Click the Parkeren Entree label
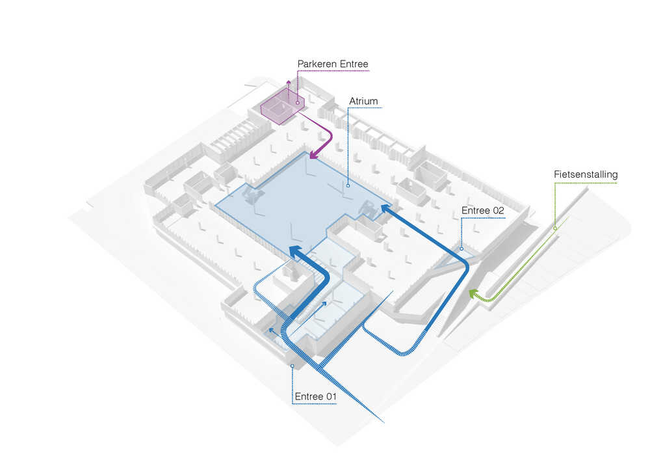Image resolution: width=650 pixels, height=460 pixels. click(x=333, y=64)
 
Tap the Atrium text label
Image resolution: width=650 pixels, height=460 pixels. click(x=363, y=101)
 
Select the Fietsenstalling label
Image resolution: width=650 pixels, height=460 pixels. click(x=586, y=174)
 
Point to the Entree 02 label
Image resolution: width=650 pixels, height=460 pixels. click(x=482, y=210)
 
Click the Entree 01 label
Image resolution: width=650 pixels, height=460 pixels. click(x=315, y=396)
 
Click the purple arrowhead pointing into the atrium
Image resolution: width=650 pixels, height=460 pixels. click(x=314, y=154)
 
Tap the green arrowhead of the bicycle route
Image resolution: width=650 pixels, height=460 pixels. click(x=473, y=293)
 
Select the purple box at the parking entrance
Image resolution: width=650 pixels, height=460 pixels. click(x=282, y=109)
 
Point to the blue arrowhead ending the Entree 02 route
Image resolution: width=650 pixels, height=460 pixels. click(x=387, y=208)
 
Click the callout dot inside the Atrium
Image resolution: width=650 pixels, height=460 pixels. click(x=348, y=185)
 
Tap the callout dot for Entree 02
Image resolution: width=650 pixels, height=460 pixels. click(x=461, y=249)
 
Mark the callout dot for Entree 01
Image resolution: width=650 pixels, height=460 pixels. click(x=292, y=366)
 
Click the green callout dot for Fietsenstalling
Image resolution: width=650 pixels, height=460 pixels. click(x=554, y=228)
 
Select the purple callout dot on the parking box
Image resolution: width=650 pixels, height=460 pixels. click(x=297, y=102)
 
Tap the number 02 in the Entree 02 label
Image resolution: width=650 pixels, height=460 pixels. click(x=498, y=210)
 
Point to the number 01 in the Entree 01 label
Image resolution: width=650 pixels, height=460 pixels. click(x=331, y=396)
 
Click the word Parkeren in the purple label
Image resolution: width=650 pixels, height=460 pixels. click(x=317, y=64)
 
